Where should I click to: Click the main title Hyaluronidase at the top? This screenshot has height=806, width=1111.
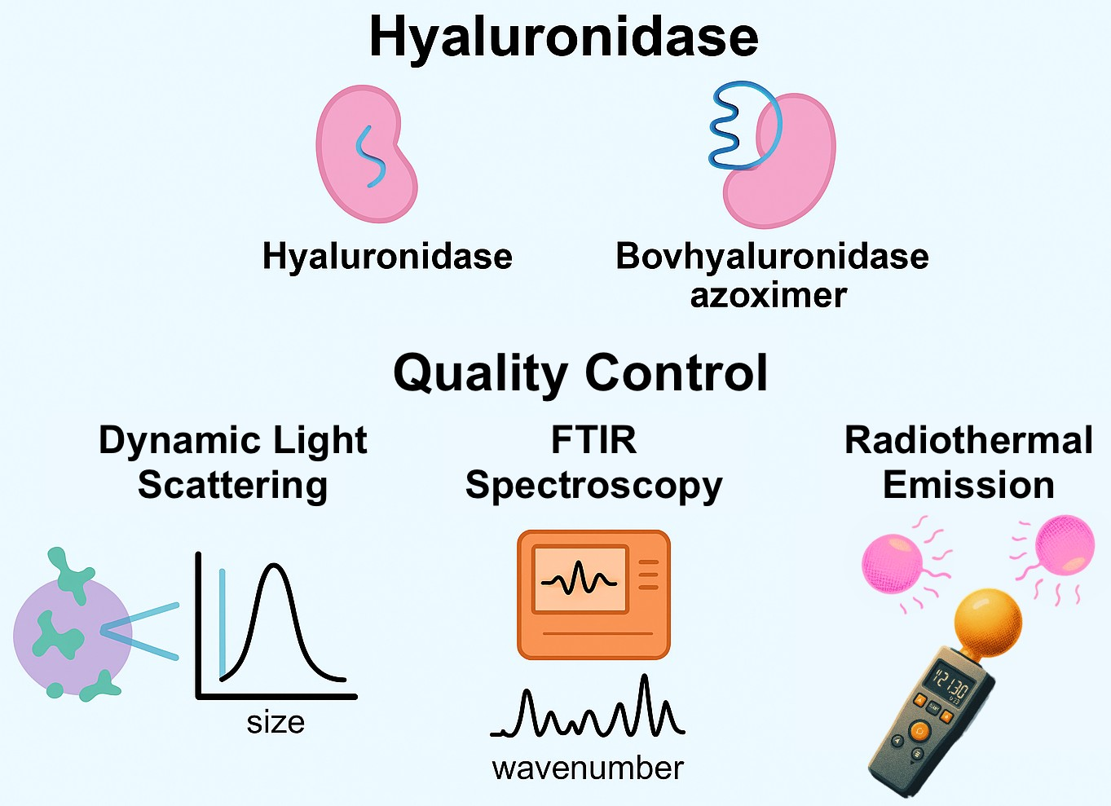point(563,37)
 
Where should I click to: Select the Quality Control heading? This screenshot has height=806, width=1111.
point(580,372)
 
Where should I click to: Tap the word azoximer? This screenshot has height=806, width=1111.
point(768,295)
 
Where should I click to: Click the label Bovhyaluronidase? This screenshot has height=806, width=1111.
point(772,256)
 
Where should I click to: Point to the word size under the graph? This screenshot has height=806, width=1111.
point(276,723)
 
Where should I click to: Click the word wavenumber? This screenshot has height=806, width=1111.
point(588,768)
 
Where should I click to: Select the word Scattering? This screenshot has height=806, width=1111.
point(232,485)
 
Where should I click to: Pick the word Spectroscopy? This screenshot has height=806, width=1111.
point(593,485)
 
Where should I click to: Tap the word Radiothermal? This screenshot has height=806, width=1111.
point(968,440)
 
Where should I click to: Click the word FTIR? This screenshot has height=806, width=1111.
point(593,440)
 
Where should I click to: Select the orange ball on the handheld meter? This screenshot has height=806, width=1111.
point(987,622)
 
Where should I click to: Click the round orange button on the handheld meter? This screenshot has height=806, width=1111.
point(919,731)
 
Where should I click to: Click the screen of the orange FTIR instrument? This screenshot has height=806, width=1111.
point(579,579)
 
